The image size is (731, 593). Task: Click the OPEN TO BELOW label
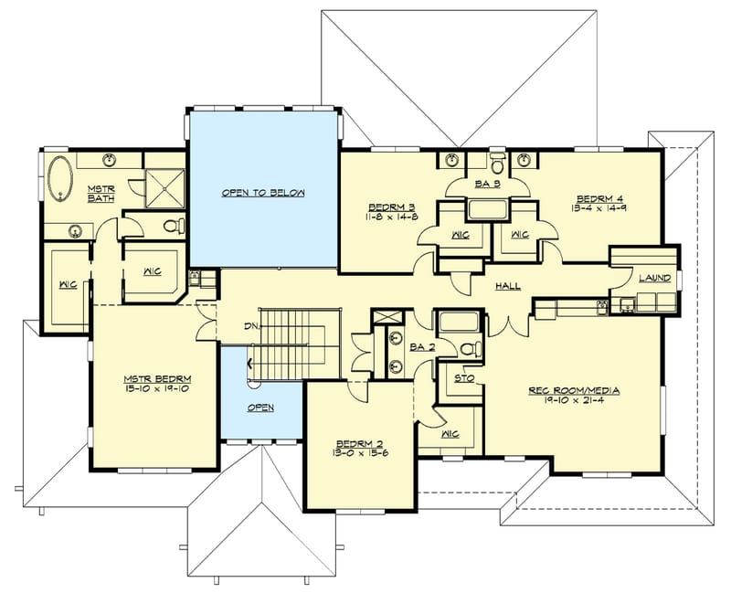pyautogui.click(x=263, y=194)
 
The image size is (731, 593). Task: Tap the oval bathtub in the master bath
pyautogui.click(x=62, y=180)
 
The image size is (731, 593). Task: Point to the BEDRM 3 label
pyautogui.click(x=392, y=207)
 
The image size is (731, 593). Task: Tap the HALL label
pyautogui.click(x=507, y=286)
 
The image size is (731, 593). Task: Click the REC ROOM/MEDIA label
pyautogui.click(x=574, y=391)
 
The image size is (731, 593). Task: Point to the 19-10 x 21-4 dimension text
pyautogui.click(x=574, y=402)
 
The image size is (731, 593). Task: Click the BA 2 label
pyautogui.click(x=421, y=348)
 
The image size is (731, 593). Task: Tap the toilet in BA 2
pyautogui.click(x=469, y=347)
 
